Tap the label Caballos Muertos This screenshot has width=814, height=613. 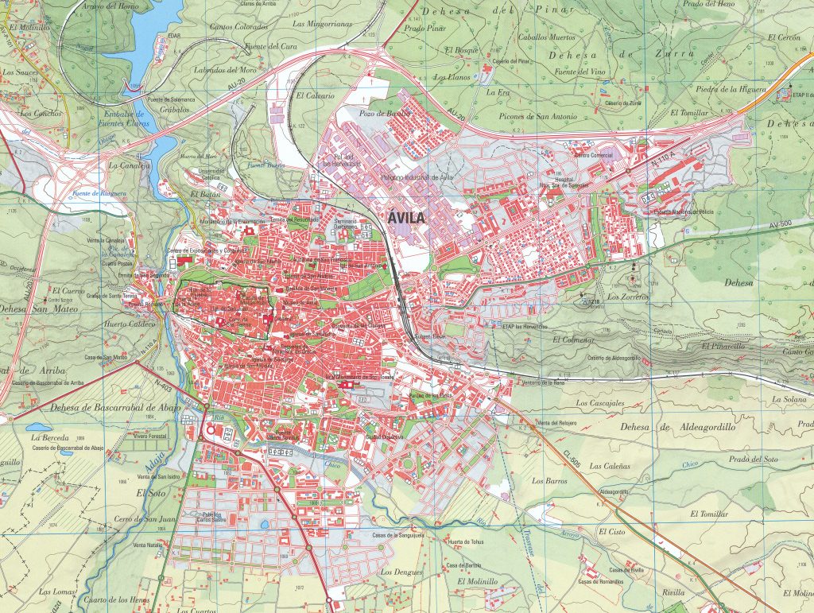[546, 37]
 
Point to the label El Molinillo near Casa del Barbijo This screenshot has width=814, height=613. [476, 581]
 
